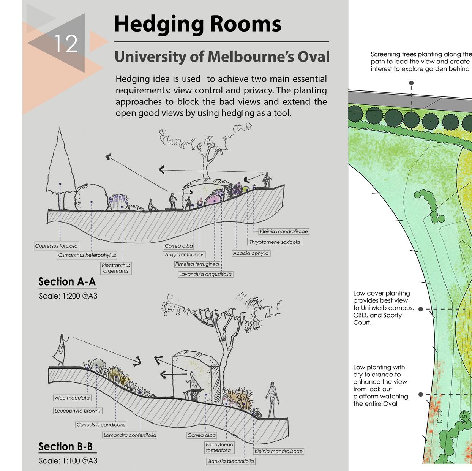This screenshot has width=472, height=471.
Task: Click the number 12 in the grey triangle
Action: click(66, 44)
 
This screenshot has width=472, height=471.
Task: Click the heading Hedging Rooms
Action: click(197, 24)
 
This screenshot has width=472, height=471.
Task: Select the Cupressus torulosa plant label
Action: click(56, 246)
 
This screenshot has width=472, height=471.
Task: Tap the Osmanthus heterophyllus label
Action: click(87, 255)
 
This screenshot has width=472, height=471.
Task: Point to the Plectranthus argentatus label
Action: click(116, 268)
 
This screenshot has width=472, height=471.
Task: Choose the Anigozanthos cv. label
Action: click(185, 255)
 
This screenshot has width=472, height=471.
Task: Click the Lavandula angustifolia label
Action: click(205, 274)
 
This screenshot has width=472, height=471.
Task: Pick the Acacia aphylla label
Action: click(251, 253)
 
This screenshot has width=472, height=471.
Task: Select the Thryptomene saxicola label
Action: click(275, 242)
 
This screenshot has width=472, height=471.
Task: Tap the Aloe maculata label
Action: click(72, 398)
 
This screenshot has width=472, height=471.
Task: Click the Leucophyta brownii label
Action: click(77, 411)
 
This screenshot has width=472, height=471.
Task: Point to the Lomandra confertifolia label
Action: click(129, 435)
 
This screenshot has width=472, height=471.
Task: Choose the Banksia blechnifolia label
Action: click(231, 461)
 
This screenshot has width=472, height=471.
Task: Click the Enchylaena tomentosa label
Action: click(219, 447)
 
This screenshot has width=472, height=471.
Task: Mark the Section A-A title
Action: click(67, 282)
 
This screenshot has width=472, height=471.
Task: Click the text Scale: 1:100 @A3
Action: click(68, 461)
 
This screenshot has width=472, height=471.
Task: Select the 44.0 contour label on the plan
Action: click(439, 417)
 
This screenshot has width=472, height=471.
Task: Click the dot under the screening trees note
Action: click(411, 83)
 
